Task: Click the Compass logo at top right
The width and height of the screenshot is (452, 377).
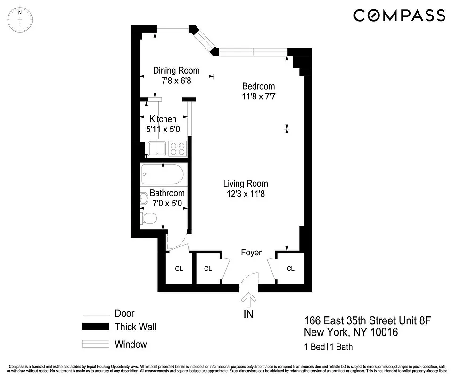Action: coord(399,16)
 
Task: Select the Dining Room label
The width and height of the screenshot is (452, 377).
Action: coord(176,71)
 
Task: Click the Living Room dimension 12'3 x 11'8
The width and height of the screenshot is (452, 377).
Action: coord(246,193)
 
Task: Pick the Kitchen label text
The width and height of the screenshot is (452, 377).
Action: coord(163,119)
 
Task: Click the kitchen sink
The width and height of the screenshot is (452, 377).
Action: coord(158,149)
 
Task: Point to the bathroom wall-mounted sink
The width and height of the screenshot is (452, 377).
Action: coord(144,199)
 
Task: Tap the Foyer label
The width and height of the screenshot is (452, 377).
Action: coord(251,253)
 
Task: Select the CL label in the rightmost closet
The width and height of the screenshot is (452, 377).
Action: coord(290,269)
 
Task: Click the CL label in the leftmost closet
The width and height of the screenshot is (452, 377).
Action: coord(179,269)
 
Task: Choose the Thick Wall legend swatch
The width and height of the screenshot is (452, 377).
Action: coord(96,327)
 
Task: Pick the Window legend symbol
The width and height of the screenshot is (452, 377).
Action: coord(96,344)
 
